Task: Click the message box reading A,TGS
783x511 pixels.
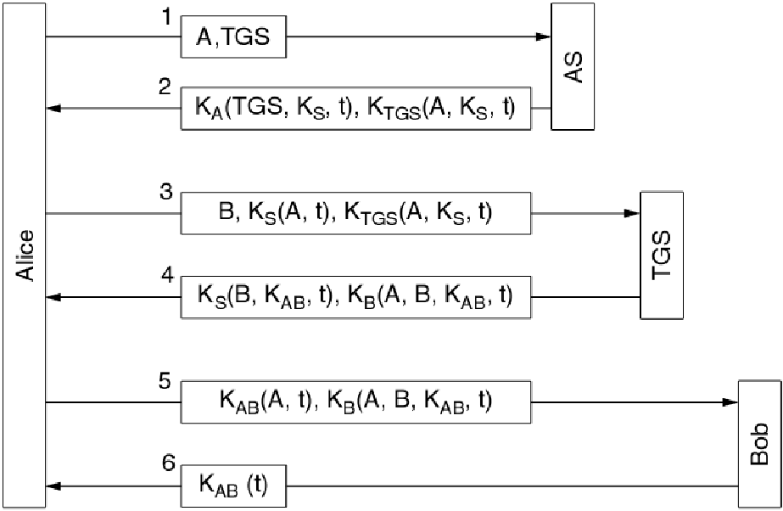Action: pos(234,37)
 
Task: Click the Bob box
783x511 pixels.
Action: pos(759,443)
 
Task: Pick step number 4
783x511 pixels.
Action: pos(168,275)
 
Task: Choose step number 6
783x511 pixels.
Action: pos(168,464)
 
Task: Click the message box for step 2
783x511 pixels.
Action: pos(355,108)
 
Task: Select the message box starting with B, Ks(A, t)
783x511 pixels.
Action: pos(355,213)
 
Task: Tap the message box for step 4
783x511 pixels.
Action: pos(355,297)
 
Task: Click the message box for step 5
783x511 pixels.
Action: pos(355,401)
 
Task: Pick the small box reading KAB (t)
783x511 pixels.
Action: pos(234,486)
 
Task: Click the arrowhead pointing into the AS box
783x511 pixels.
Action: pos(544,37)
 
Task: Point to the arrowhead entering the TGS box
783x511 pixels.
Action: pos(632,213)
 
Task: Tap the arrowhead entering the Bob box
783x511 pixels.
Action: pos(730,401)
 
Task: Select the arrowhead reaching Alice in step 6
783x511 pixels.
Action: pos(53,486)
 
